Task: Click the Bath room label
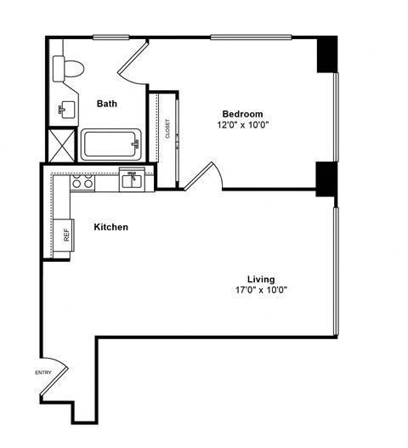click(x=106, y=104)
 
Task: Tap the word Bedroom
click(x=242, y=114)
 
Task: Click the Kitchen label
click(x=110, y=227)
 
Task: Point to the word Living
click(x=261, y=279)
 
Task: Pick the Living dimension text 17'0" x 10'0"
click(x=261, y=290)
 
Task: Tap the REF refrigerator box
click(x=65, y=233)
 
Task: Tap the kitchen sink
click(x=132, y=179)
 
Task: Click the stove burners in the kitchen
click(x=82, y=180)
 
